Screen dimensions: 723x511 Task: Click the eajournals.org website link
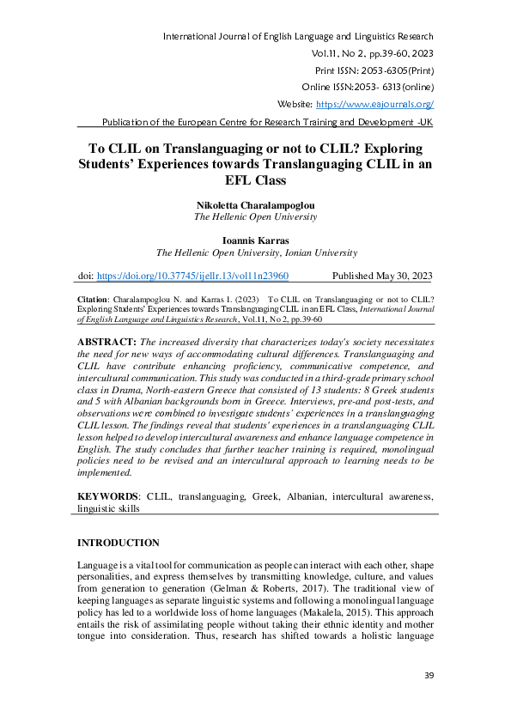(374, 104)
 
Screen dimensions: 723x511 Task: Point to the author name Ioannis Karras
(255, 241)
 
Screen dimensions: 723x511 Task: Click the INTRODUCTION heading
(119, 544)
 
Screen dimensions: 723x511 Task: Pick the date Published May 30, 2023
(382, 276)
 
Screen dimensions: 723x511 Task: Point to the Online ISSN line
(367, 87)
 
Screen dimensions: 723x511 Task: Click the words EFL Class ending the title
(255, 181)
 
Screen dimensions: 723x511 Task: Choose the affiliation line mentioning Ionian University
(255, 253)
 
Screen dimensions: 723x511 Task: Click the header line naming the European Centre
(267, 121)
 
